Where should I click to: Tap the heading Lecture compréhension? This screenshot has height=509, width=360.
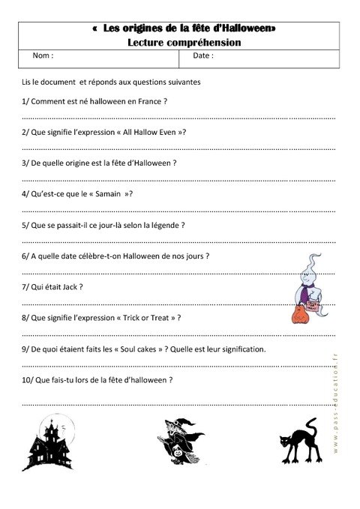184,43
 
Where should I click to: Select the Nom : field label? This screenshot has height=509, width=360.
43,56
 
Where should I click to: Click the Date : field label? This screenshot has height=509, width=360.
203,56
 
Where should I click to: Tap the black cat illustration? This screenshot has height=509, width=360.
298,448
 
